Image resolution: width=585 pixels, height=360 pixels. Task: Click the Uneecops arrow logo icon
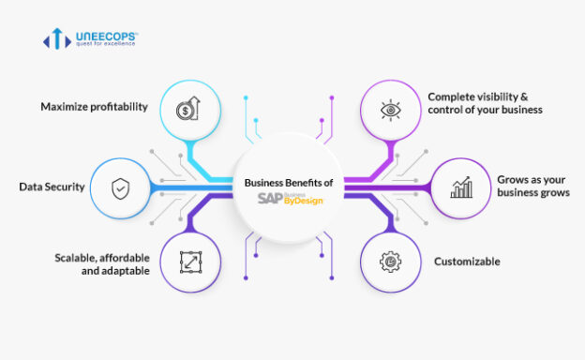pos(56,38)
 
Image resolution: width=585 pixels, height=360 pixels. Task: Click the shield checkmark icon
pos(121,187)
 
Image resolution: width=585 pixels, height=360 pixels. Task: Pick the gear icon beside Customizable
pos(389,262)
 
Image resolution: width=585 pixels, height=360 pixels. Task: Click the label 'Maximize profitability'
pos(94,106)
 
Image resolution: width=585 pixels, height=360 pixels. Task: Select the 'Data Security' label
pos(52,187)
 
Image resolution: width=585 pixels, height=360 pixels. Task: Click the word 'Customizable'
pos(467,262)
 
